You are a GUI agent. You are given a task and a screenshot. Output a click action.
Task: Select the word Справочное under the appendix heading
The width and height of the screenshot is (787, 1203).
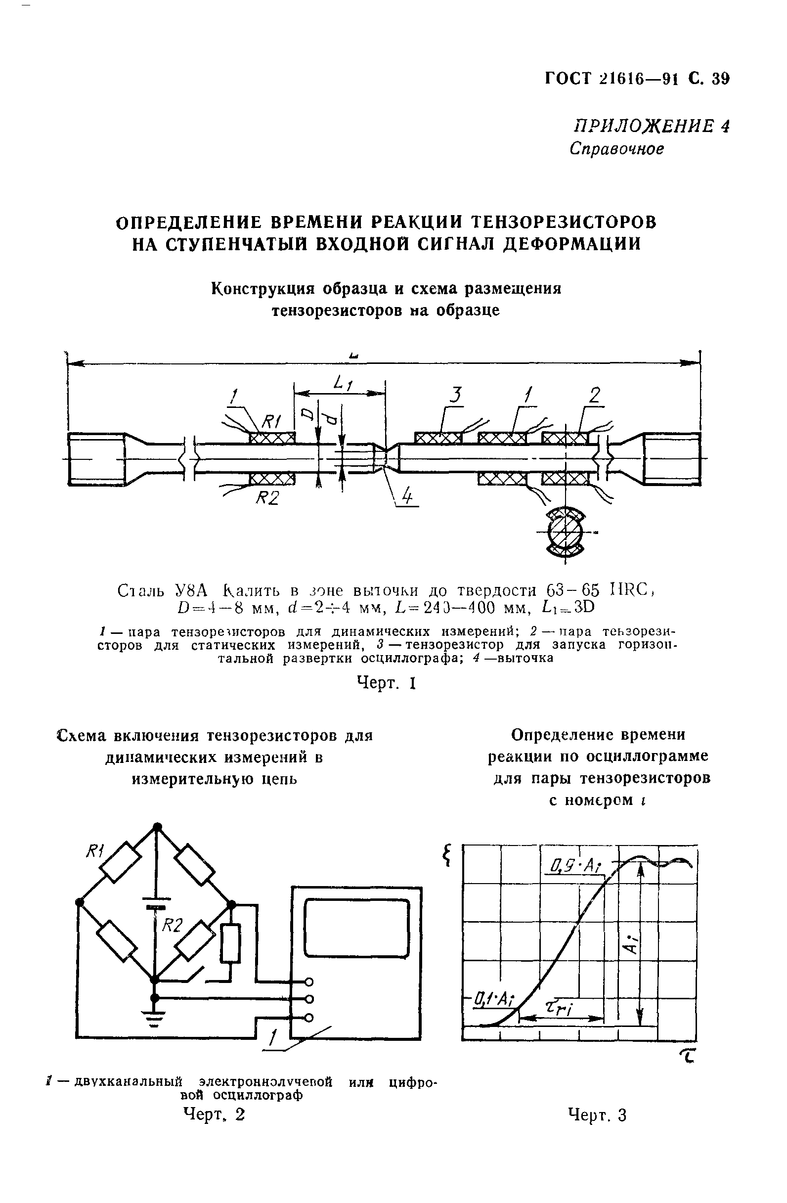point(615,149)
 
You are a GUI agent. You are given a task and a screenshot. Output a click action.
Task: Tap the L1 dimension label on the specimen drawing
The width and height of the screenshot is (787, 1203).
point(343,384)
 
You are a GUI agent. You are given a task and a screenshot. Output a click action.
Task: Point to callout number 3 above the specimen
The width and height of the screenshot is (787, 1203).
point(456,395)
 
